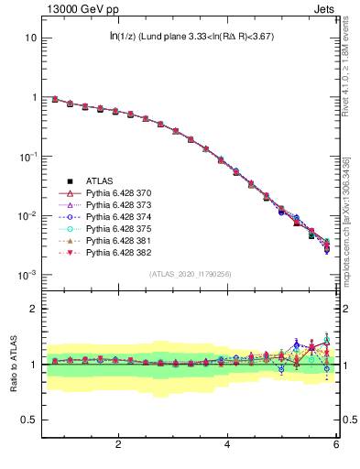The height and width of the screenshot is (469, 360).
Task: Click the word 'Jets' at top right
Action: click(326, 10)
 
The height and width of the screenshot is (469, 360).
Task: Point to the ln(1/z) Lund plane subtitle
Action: click(191, 37)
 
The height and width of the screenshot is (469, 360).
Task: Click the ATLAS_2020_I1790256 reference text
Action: click(191, 274)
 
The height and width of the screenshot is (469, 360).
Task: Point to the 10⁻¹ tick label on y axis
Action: click(27, 157)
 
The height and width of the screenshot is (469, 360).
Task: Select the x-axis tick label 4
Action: click(227, 444)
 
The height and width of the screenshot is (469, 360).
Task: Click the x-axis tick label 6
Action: click(336, 444)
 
